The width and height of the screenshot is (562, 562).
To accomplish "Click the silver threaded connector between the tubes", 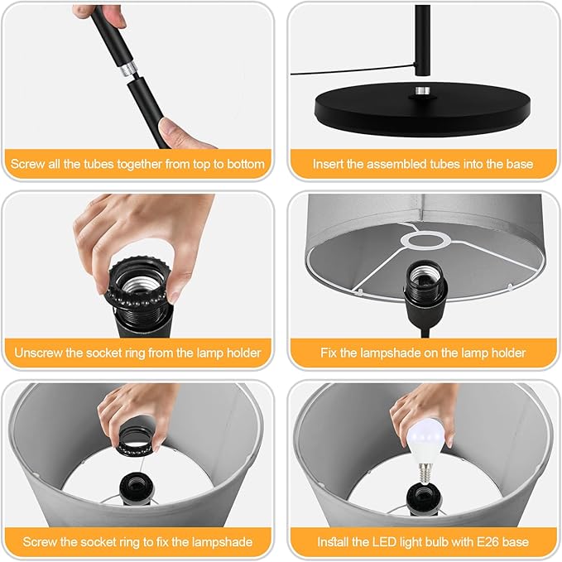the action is click(x=129, y=69).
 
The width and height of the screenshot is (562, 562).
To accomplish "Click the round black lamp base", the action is click(x=423, y=108).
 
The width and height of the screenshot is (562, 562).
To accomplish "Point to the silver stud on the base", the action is click(x=423, y=91).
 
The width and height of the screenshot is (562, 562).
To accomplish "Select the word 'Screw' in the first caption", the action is click(x=23, y=164).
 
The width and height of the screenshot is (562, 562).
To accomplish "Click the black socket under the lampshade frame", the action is click(x=426, y=286).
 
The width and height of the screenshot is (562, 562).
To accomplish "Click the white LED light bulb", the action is click(x=426, y=444).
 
